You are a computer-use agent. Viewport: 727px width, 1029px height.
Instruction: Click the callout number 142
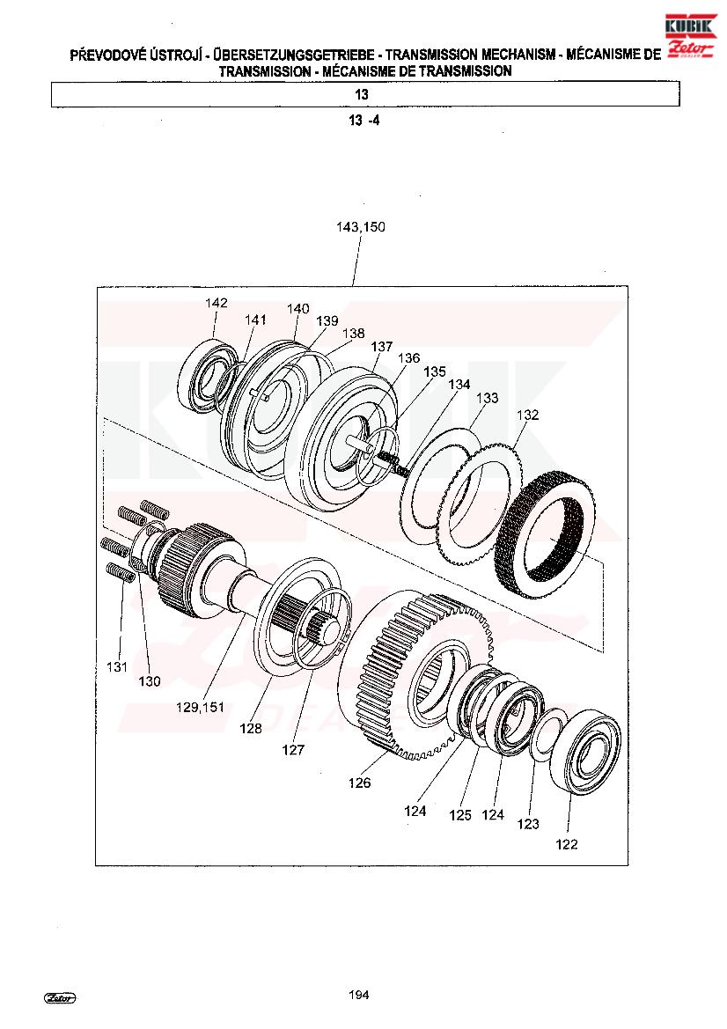[x=216, y=303]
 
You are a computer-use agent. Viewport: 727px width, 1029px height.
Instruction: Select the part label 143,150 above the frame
[x=361, y=227]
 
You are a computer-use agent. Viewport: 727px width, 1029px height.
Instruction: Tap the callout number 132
[x=527, y=415]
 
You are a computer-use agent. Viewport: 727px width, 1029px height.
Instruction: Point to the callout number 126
[x=360, y=783]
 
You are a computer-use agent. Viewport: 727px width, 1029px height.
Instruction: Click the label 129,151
[x=200, y=708]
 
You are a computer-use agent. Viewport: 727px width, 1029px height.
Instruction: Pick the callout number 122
[x=566, y=845]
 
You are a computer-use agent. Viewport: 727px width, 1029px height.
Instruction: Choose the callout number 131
[x=117, y=666]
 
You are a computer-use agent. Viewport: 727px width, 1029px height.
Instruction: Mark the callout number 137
[x=381, y=346]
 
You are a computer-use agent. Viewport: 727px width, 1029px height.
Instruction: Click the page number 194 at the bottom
[x=359, y=995]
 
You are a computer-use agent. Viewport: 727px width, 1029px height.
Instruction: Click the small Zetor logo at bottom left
[x=60, y=998]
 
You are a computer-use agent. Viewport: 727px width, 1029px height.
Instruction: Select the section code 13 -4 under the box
[x=364, y=121]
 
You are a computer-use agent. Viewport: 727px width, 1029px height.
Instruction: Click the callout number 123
[x=527, y=824]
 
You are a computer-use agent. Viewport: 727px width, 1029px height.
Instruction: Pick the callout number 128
[x=250, y=728]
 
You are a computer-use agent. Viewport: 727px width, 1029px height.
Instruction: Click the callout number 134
[x=459, y=384]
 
